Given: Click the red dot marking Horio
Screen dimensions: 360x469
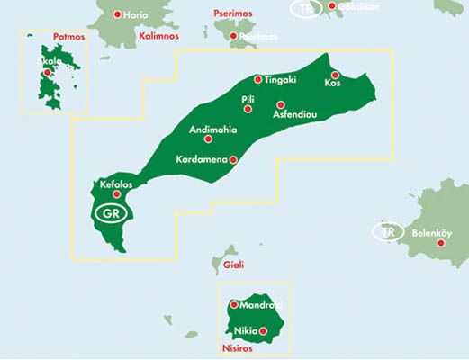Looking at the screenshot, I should coord(118,15).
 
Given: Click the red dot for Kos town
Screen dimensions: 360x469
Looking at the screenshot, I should coord(334,75).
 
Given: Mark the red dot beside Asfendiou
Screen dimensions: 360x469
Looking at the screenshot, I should coord(280,104).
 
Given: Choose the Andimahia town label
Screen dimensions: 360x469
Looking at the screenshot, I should coord(212,130).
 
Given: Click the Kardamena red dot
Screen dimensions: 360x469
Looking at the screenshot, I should coord(233,160).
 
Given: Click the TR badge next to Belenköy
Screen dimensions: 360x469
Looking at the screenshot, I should coord(388,232).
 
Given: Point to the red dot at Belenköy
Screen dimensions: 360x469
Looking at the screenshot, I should coord(441,242).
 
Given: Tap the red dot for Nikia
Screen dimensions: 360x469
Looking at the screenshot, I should coord(264,331).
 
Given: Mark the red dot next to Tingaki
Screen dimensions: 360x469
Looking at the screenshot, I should coord(258,79).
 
